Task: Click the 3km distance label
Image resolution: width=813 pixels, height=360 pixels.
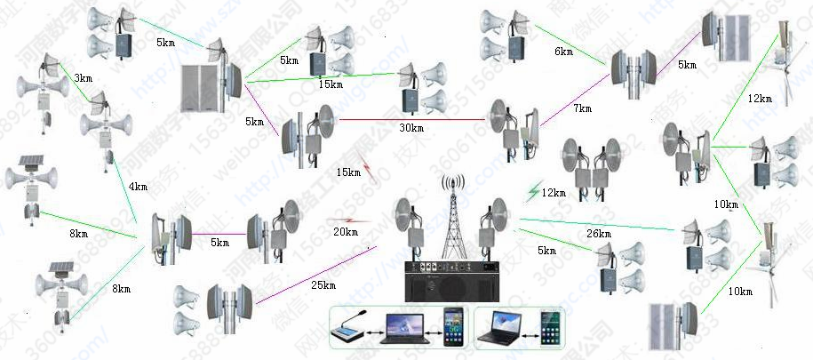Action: (x=83, y=79)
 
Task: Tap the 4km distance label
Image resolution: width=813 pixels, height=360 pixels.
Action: (x=137, y=188)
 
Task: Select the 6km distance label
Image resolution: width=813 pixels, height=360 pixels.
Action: (x=563, y=52)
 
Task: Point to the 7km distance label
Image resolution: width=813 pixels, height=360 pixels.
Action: (x=582, y=108)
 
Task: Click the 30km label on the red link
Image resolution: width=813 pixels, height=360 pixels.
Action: (x=411, y=128)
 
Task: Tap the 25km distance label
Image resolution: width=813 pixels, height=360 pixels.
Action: (x=323, y=285)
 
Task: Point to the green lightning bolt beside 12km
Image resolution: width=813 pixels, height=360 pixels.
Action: (x=533, y=191)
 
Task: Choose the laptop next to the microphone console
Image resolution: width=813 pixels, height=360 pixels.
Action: (x=402, y=329)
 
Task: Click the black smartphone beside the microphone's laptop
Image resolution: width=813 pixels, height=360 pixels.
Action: (x=453, y=327)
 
